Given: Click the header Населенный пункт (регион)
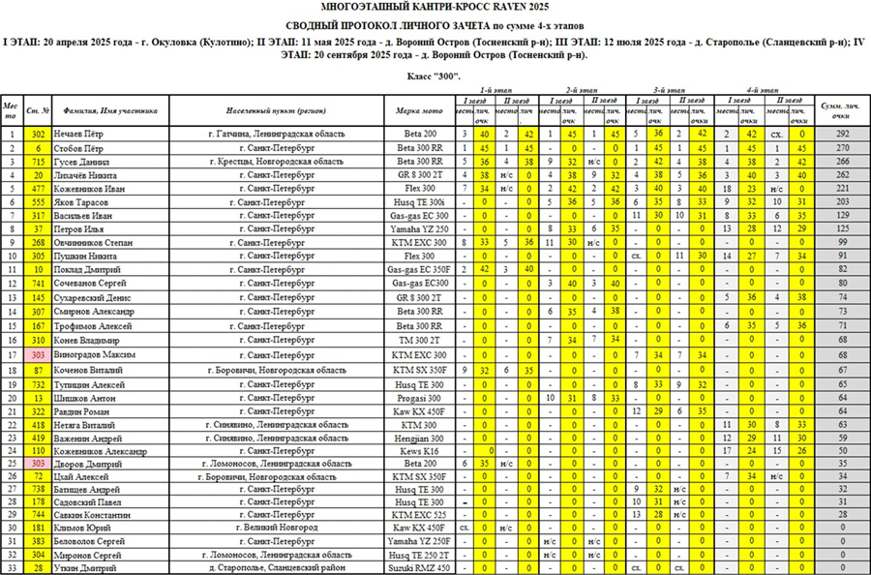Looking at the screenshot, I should pyautogui.click(x=270, y=110).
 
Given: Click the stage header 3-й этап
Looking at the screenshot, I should pyautogui.click(x=672, y=88).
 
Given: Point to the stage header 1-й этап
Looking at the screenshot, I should pyautogui.click(x=500, y=88).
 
